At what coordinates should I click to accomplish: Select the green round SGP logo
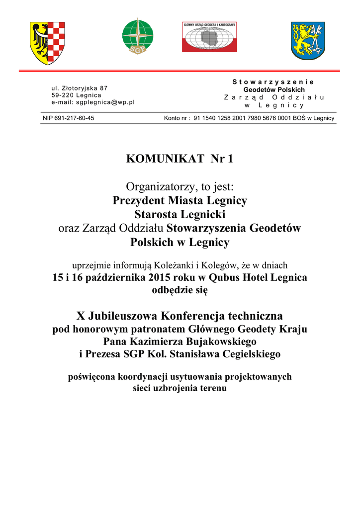coord(138,36)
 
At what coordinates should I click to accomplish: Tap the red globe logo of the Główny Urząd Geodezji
coord(209,37)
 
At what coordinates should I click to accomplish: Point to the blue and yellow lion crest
coord(308,41)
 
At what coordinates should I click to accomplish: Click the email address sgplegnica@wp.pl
coord(93,102)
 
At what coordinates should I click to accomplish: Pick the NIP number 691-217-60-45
coord(68,118)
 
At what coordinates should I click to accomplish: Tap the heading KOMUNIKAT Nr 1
coord(180,159)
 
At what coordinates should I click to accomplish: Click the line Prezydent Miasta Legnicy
coord(180,201)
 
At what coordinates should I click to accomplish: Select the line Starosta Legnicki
coord(180,215)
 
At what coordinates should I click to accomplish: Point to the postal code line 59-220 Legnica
coord(76,95)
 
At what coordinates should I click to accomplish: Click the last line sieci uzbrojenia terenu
coord(180,388)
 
